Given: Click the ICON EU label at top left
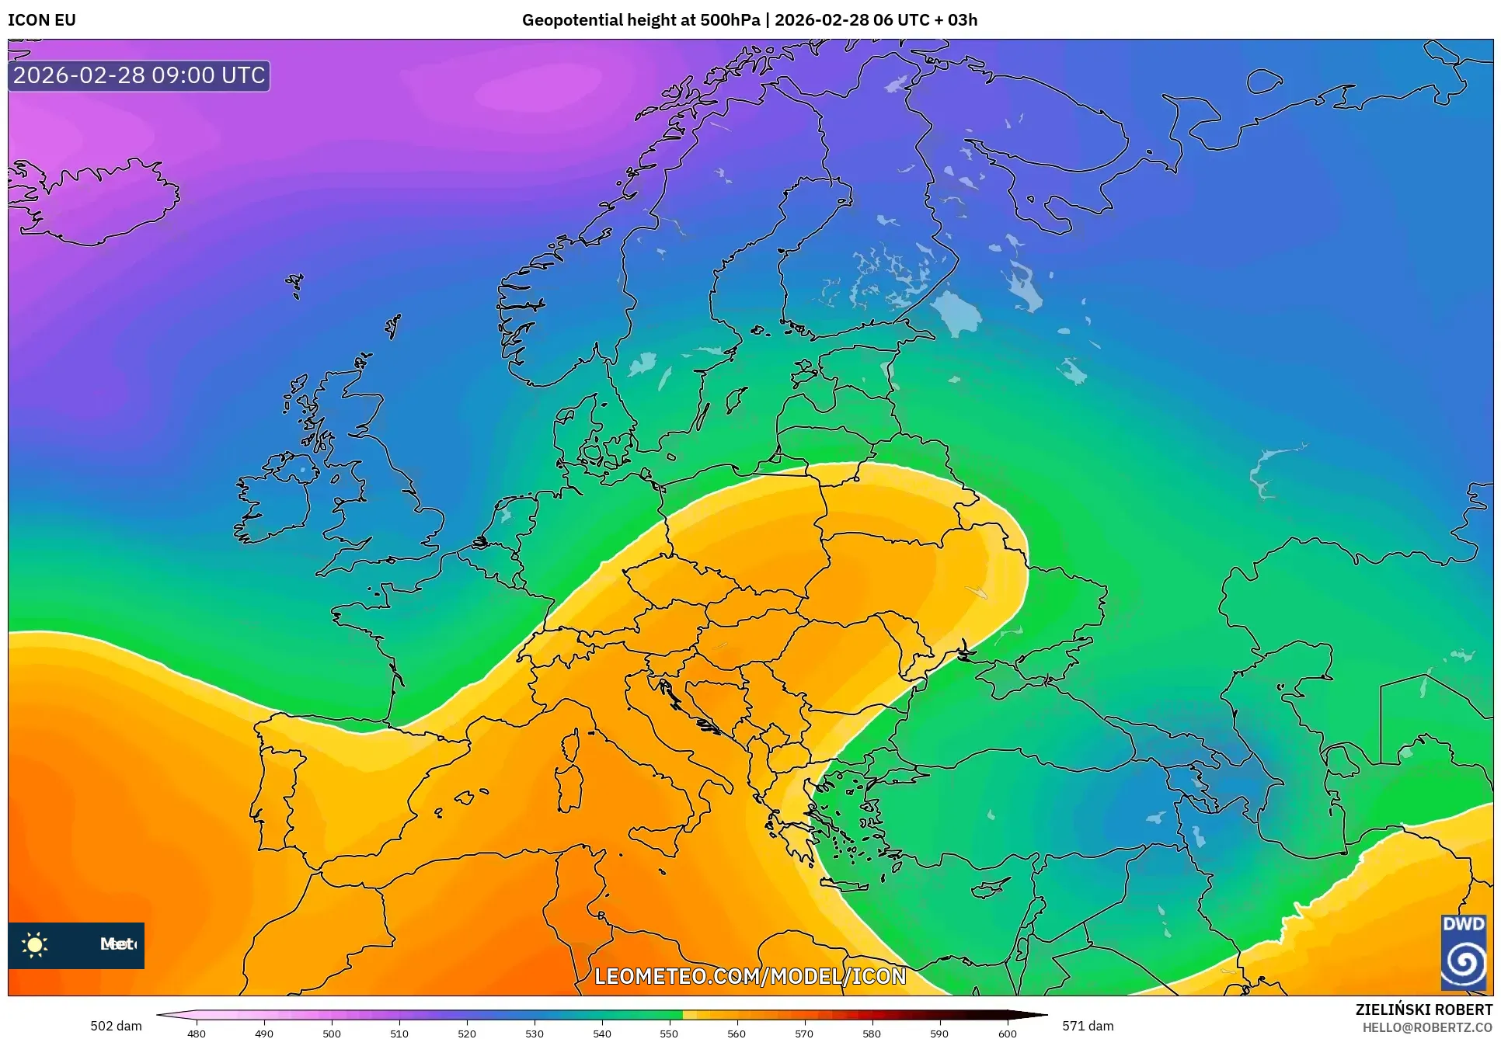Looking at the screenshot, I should point(42,20).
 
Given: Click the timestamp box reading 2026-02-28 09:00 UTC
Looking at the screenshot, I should point(139,75).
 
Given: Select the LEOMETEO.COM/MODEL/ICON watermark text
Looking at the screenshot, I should point(750,976).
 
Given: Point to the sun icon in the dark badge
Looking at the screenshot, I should point(35,945).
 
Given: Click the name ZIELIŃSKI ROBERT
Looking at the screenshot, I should point(1423,1010).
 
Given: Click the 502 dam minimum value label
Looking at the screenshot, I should point(116,1026).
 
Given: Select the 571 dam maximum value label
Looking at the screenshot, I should point(1088,1026).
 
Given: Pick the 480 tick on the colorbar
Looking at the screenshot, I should point(197,1034).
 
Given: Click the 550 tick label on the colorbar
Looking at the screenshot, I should point(669,1034).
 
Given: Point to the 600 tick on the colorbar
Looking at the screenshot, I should point(1007,1034).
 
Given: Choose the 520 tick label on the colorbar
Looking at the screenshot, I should point(466,1034).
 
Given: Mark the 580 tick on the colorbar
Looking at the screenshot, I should point(872,1034).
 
